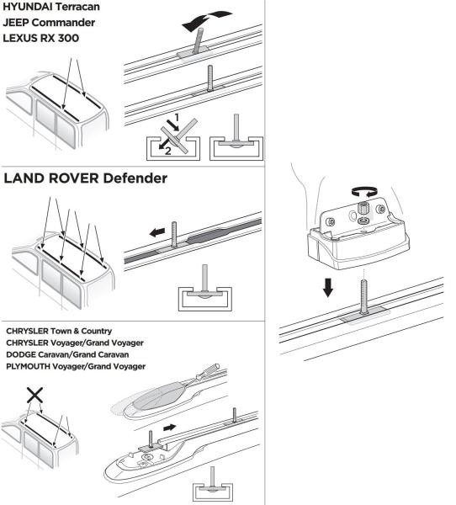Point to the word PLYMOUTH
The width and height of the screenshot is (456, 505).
35,366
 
